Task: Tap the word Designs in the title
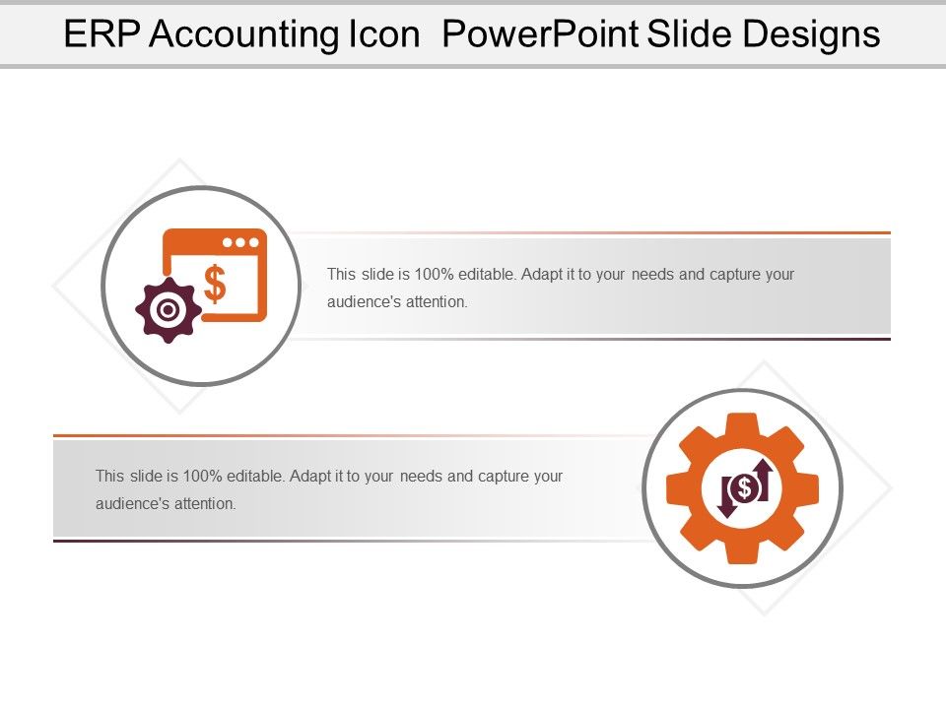coord(814,34)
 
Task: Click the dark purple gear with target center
coord(169,310)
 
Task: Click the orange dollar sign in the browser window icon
coord(215,283)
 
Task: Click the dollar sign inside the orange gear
coord(745,486)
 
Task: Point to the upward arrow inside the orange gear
coord(763,478)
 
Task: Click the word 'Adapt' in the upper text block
coord(540,274)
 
